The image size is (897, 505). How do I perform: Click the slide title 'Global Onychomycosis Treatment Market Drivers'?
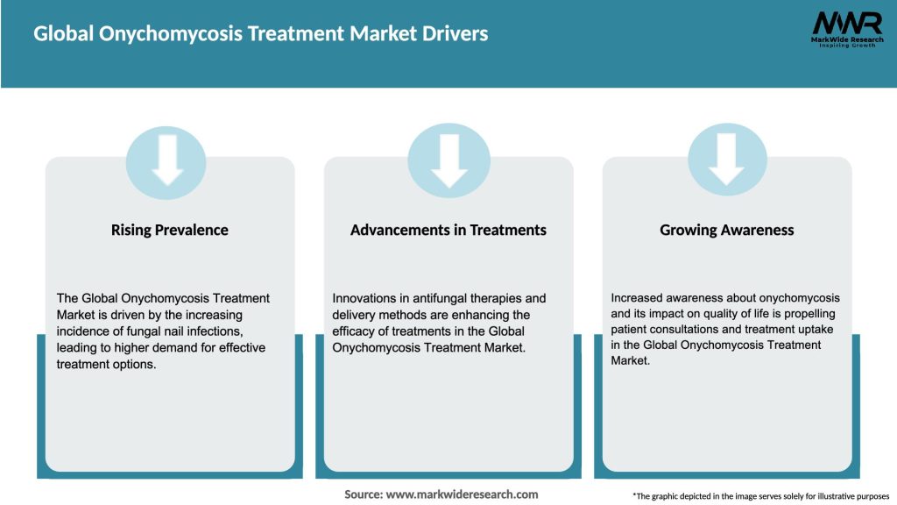261,34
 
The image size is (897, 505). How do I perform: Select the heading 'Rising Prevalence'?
169,230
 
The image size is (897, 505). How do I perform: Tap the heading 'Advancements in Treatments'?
448,230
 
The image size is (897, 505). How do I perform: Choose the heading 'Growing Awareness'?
726,230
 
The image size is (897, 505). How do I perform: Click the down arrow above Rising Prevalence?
166,160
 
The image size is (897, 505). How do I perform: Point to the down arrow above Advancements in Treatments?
448,160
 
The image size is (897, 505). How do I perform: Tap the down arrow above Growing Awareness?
726,160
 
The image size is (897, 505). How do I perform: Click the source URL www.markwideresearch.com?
463,494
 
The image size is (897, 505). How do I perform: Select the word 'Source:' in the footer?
364,494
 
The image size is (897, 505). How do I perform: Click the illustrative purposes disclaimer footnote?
760,496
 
